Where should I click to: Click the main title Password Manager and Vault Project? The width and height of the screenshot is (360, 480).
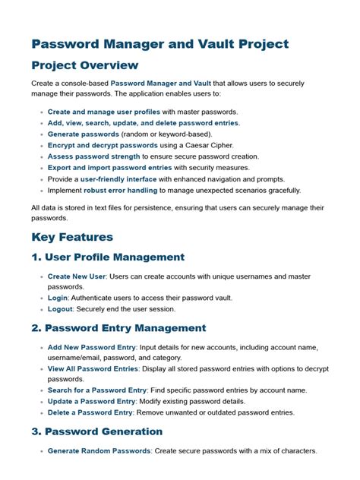tap(159, 43)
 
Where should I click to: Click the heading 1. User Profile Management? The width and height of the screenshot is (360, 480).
tap(108, 257)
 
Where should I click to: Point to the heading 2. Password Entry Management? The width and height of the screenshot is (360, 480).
tap(118, 328)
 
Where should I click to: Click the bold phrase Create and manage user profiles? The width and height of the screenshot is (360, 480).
tap(104, 112)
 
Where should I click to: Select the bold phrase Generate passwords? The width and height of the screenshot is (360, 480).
tap(83, 134)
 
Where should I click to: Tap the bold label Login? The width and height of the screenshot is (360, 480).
tap(58, 298)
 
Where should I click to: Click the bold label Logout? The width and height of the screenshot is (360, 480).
tap(61, 309)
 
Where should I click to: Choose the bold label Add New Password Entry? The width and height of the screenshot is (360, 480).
tap(92, 347)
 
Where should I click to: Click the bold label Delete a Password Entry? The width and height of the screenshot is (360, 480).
tap(91, 412)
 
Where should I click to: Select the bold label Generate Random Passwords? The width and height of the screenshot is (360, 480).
tap(105, 451)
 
